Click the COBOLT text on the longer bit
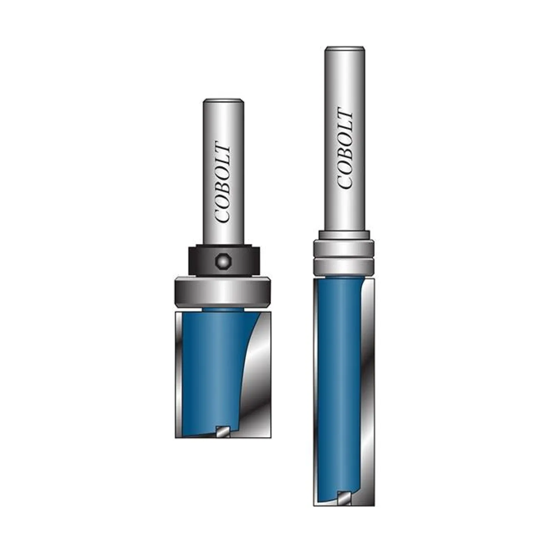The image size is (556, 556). pos(345,148)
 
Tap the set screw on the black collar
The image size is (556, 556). pos(222,262)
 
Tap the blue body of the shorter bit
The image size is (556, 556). pos(212,372)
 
